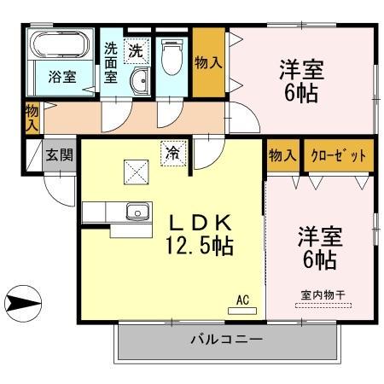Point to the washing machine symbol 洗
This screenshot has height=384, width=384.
pos(136,50)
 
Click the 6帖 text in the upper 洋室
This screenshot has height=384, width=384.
pos(301,91)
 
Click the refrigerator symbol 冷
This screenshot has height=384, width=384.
pos(172,154)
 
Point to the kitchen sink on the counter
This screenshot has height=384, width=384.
pos(135,212)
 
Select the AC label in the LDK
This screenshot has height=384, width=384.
pos(241,300)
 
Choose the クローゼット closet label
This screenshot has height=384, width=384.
pos(339,155)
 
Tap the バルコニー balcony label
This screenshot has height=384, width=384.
pos(225,340)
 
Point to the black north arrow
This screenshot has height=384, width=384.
pos(23,300)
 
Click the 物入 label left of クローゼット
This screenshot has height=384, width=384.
pos(282,155)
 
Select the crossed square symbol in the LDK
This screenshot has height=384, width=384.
pos(134,172)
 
